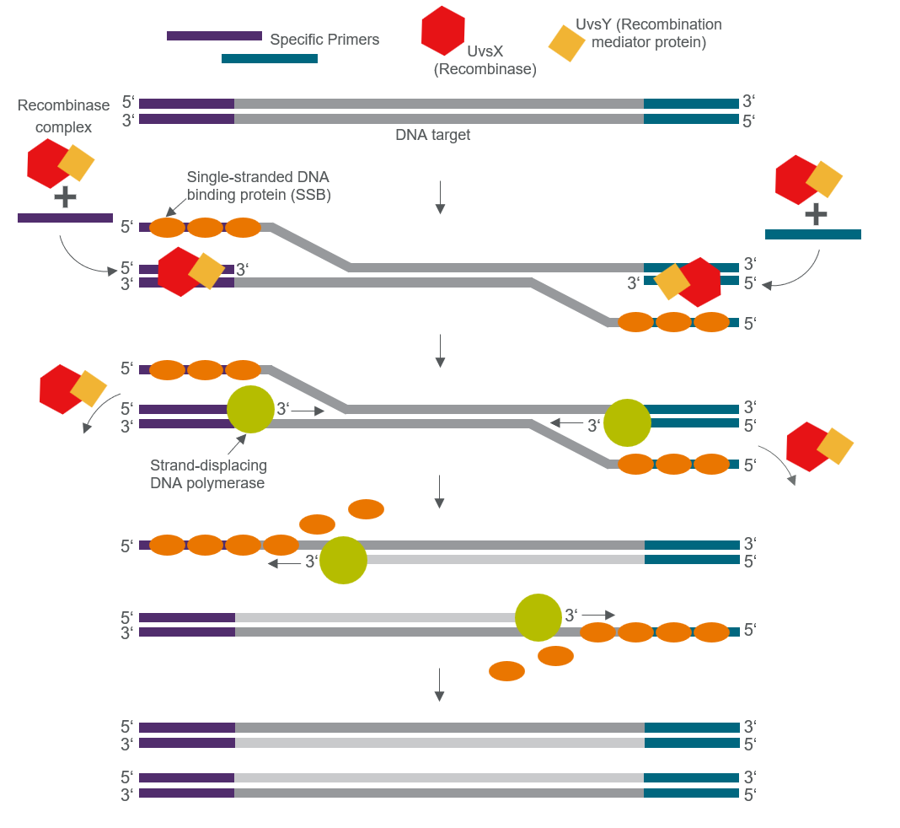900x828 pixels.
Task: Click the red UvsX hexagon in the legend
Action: coord(443,31)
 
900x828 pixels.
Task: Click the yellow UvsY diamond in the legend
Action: coord(567,43)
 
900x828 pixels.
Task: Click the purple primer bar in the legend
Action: coord(214,35)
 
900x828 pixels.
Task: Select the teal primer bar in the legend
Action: coord(270,58)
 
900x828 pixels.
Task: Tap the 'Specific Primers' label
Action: coord(324,40)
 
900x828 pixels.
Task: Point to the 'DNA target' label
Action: coord(433,135)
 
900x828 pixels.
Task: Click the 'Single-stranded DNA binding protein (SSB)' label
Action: coord(258,185)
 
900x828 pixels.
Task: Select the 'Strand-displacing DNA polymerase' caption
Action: coord(207,474)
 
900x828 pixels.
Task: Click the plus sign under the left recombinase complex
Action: coord(65,197)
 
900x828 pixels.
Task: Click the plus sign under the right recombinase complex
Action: coord(816,214)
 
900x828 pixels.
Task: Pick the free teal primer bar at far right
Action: coord(813,234)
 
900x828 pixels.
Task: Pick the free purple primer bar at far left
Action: coord(65,218)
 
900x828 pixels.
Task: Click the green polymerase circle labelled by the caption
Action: coord(250,409)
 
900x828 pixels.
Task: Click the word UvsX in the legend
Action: coord(485,51)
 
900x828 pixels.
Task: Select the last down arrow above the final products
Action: coord(439,684)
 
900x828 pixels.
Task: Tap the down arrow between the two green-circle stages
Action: coord(439,492)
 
